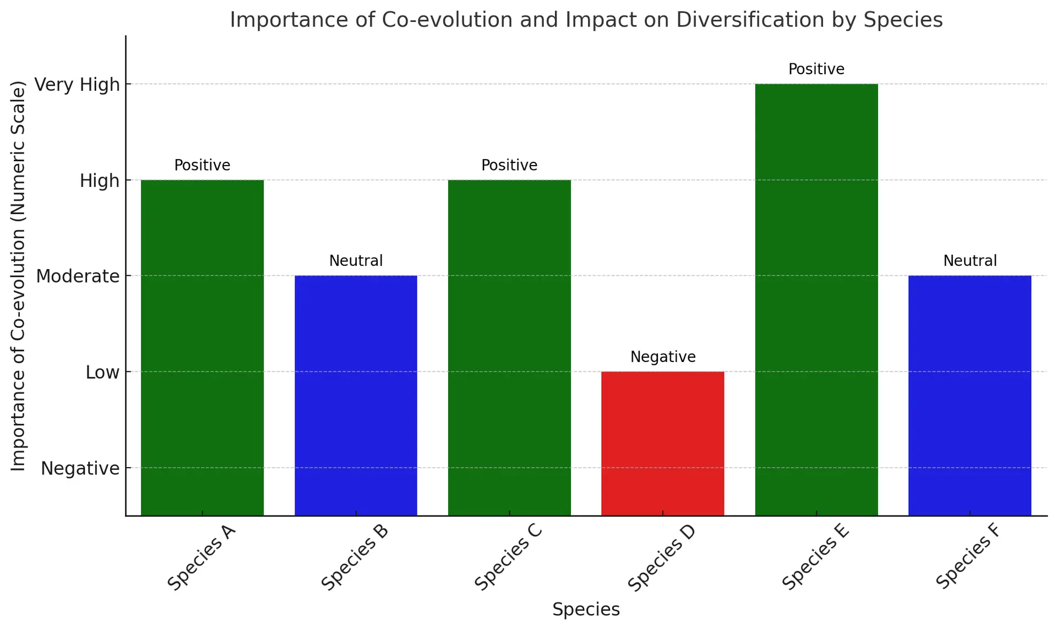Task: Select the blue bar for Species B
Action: (x=356, y=396)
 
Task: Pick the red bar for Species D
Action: (x=662, y=443)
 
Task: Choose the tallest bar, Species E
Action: (x=816, y=300)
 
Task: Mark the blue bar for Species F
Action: (x=969, y=396)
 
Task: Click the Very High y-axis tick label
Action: (x=77, y=85)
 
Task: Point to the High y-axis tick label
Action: (x=99, y=180)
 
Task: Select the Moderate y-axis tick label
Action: (x=78, y=276)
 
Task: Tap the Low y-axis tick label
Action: (x=102, y=372)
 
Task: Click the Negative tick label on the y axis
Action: (x=80, y=468)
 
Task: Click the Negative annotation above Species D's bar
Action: (x=663, y=357)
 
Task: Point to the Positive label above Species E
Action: (x=816, y=69)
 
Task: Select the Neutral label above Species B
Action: (x=356, y=261)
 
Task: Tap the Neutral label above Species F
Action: (x=970, y=261)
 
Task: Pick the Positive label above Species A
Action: (x=202, y=165)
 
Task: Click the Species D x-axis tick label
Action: (x=661, y=558)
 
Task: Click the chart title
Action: (x=586, y=20)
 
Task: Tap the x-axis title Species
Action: (x=586, y=610)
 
